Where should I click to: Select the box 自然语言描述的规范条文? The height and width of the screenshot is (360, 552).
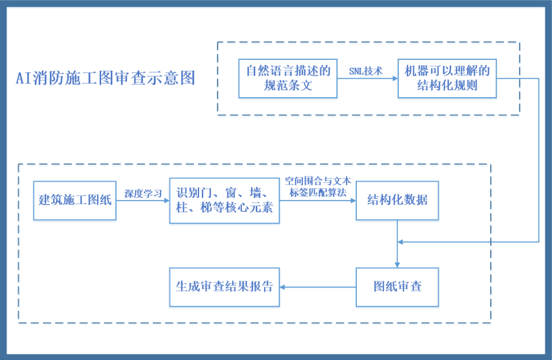click(288, 78)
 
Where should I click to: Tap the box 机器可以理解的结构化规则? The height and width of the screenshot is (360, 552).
click(447, 78)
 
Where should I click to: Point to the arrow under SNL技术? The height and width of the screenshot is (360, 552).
click(367, 79)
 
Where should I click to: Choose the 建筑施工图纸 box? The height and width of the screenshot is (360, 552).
click(75, 200)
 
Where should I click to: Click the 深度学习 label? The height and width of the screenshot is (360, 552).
click(143, 193)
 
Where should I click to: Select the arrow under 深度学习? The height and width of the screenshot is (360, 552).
click(143, 201)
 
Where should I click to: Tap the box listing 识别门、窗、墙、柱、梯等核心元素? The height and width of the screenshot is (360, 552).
click(224, 200)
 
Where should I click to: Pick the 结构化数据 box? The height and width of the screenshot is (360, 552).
click(397, 200)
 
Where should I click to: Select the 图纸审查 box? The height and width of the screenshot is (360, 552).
click(397, 287)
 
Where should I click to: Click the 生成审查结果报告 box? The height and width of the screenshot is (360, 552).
click(224, 287)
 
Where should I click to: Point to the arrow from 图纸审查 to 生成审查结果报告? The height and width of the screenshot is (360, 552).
click(318, 287)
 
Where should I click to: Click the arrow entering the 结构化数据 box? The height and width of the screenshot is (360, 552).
click(318, 201)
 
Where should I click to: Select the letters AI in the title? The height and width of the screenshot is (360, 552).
click(24, 78)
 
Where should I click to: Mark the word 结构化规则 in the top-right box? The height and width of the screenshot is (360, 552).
click(447, 85)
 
